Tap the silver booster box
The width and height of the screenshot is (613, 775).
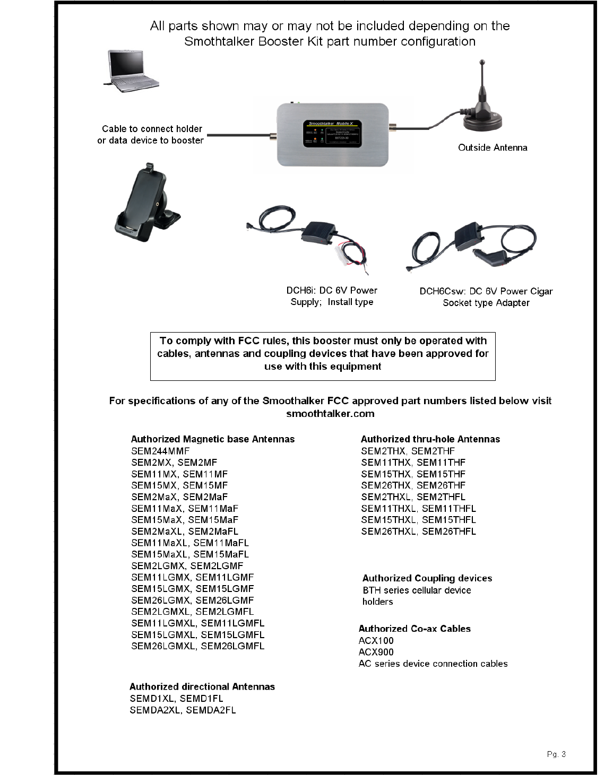[x=333, y=134]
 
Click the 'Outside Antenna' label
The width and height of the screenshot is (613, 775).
[x=493, y=147]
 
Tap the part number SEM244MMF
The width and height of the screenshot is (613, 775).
[x=160, y=451]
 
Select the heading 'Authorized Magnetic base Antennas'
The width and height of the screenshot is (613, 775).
[x=212, y=439]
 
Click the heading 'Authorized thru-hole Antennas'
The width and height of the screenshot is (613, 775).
[x=430, y=439]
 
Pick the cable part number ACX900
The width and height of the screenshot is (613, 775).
[x=376, y=652]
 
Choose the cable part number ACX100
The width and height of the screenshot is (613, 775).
[x=376, y=640]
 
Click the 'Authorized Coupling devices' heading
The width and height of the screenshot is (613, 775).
[x=427, y=578]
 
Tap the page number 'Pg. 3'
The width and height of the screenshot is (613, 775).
[x=556, y=754]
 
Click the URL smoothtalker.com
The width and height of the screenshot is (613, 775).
[x=330, y=414]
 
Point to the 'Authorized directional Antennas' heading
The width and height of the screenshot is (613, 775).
[x=202, y=686]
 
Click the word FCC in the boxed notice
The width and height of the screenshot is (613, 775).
[x=248, y=341]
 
